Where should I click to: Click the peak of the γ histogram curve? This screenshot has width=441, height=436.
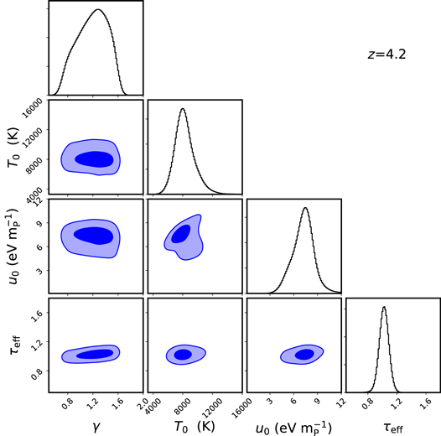point(97,10)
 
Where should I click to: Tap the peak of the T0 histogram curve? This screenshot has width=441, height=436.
point(183,109)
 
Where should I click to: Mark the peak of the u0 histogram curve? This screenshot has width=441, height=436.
point(305,208)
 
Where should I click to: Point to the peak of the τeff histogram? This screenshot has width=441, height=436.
point(383,307)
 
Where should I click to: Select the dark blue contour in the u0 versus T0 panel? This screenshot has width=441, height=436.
point(181,233)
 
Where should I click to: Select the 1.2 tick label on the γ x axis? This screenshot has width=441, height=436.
point(98,403)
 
